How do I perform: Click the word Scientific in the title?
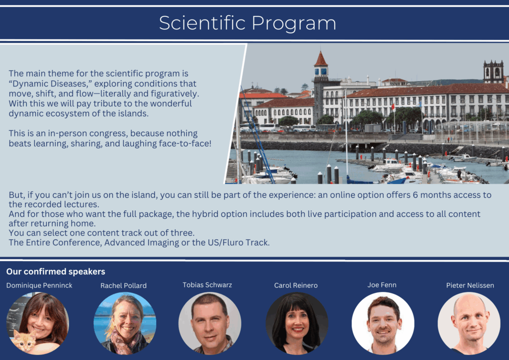click(x=202, y=23)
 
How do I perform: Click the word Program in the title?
click(x=294, y=24)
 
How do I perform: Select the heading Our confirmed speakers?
click(x=56, y=271)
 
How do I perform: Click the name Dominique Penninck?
click(x=39, y=285)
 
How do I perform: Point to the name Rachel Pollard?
click(x=123, y=285)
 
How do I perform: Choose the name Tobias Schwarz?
click(x=207, y=285)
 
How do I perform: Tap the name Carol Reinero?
click(x=296, y=285)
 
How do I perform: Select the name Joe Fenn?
click(x=382, y=285)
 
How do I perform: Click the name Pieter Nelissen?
click(x=470, y=285)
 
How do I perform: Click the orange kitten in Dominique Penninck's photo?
click(x=24, y=341)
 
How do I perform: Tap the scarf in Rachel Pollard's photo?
click(x=126, y=343)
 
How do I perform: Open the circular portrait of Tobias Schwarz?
click(x=210, y=323)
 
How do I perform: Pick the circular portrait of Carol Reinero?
click(x=297, y=323)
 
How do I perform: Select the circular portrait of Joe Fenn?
click(x=383, y=323)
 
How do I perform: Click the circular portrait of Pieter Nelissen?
click(x=469, y=323)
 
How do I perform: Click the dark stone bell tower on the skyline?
click(x=493, y=72)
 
